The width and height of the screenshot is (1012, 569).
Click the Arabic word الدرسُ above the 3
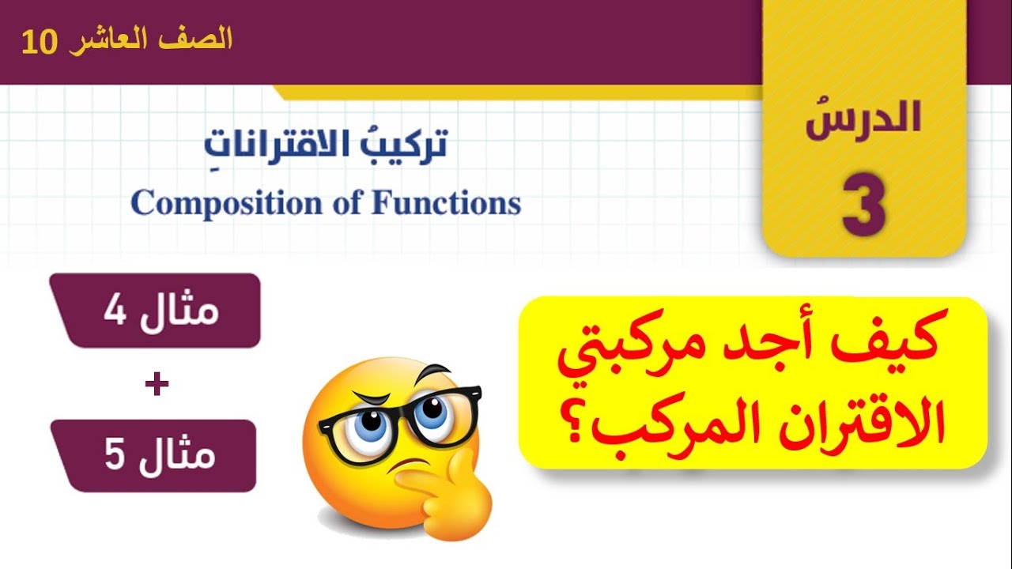coord(863,121)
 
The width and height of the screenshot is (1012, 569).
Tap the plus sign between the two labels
coord(157,385)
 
